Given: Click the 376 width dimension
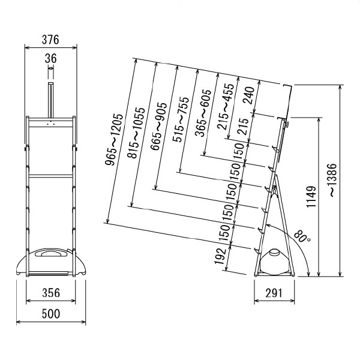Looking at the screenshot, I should (x=50, y=40).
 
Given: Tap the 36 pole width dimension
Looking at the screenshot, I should (x=50, y=59).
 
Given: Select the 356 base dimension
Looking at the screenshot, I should (x=50, y=293).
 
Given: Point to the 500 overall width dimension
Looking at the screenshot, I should (x=50, y=314).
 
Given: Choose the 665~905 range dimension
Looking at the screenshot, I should (x=157, y=134).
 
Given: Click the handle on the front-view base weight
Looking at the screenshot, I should (x=50, y=255).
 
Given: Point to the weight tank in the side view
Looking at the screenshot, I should (x=274, y=262).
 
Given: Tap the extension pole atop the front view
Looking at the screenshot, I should (x=50, y=99).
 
